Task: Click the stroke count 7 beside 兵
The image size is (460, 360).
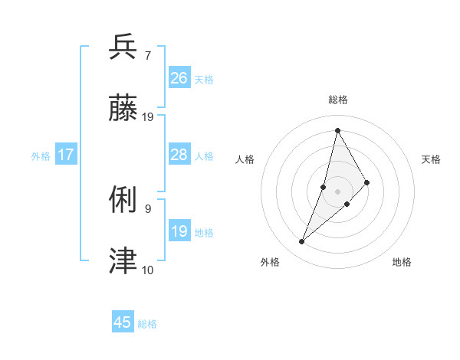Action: pyautogui.click(x=147, y=55)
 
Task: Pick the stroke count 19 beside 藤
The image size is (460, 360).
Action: pyautogui.click(x=148, y=116)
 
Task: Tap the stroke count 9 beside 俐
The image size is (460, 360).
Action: pyautogui.click(x=147, y=208)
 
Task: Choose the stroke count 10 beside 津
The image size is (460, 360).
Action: pyautogui.click(x=148, y=269)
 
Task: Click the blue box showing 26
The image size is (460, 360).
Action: pyautogui.click(x=179, y=78)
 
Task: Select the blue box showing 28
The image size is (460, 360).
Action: pyautogui.click(x=179, y=155)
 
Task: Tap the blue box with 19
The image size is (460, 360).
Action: pyautogui.click(x=179, y=231)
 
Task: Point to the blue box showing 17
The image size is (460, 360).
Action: pyautogui.click(x=66, y=155)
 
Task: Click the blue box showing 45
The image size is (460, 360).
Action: pyautogui.click(x=123, y=322)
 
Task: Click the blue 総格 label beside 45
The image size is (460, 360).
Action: pyautogui.click(x=147, y=324)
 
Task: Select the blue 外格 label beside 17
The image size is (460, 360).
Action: pyautogui.click(x=41, y=156)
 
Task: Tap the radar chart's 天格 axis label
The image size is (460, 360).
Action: pyautogui.click(x=431, y=159)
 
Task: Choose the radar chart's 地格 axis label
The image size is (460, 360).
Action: pyautogui.click(x=402, y=262)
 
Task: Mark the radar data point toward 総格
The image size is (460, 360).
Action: pyautogui.click(x=337, y=129)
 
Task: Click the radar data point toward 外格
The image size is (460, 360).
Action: pyautogui.click(x=302, y=242)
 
